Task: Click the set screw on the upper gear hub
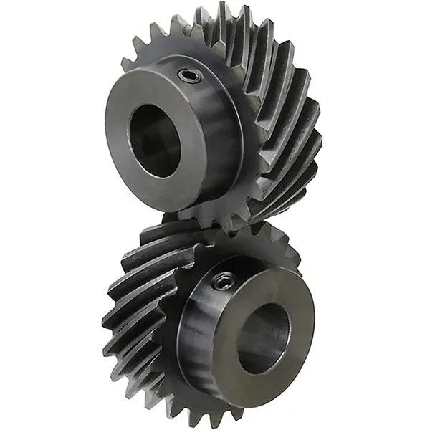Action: pyautogui.click(x=190, y=75)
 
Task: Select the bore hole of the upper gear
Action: pyautogui.click(x=154, y=140)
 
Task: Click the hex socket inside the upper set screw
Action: pyautogui.click(x=190, y=75)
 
